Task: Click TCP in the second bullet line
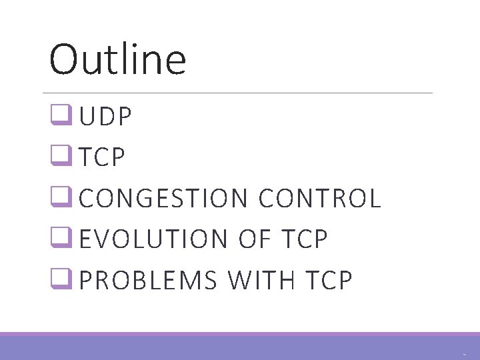(x=101, y=158)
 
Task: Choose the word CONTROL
(x=319, y=199)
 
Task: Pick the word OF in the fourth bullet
(x=252, y=240)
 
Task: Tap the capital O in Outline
(x=64, y=59)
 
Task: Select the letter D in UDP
(x=107, y=118)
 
